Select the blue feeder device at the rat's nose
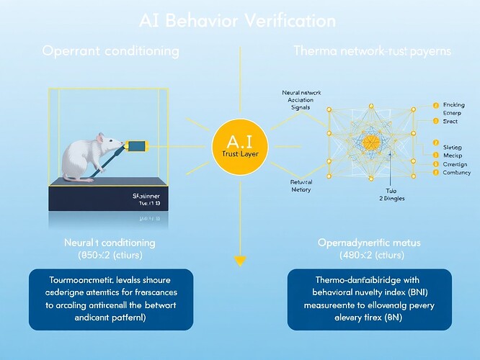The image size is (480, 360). click(136, 146)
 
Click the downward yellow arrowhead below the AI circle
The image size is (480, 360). click(240, 260)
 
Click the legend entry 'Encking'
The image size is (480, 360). click(450, 105)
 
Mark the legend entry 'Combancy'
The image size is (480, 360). click(454, 174)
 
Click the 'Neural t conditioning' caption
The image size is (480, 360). click(109, 243)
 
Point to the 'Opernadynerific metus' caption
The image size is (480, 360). click(369, 243)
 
